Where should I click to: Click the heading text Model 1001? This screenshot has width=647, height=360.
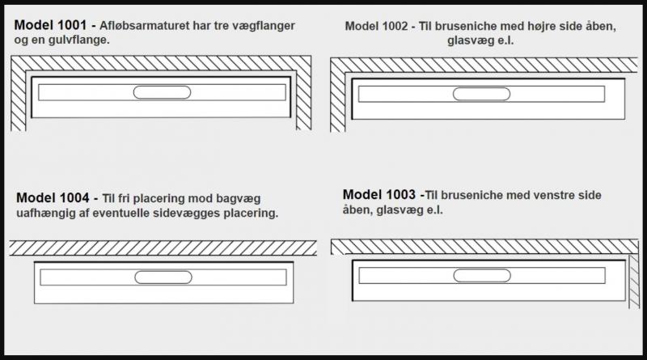point(50,25)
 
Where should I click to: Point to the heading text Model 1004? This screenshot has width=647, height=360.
point(51,198)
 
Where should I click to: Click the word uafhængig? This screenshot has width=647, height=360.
point(45,214)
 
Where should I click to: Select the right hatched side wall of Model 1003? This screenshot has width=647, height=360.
point(634,279)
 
